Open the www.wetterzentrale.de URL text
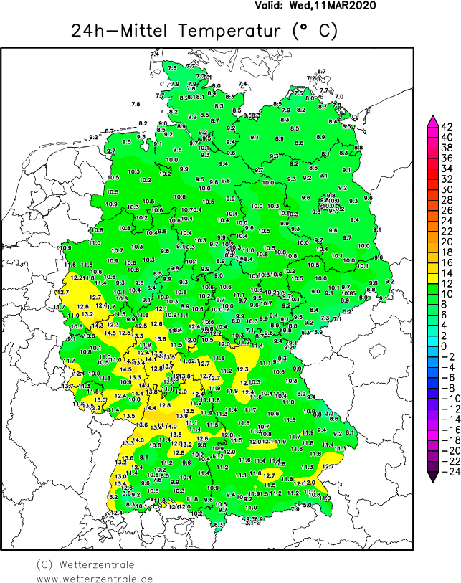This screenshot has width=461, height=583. [x=95, y=578]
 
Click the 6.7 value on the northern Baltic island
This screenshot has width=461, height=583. [x=321, y=71]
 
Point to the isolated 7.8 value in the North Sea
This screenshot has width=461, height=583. [x=136, y=105]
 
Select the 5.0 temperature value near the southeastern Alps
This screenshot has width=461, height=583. [x=306, y=506]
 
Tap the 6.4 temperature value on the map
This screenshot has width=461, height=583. [x=151, y=288]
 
